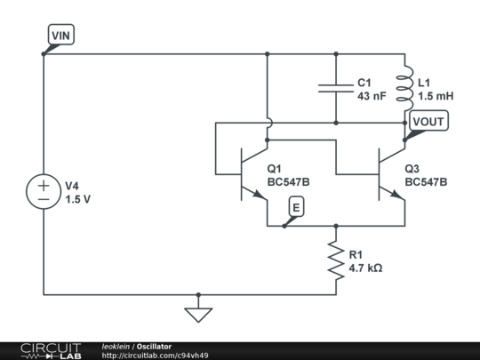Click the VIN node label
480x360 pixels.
tap(63, 35)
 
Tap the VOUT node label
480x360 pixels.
tap(430, 121)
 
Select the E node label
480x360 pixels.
tap(296, 208)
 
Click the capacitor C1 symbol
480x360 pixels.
tap(337, 88)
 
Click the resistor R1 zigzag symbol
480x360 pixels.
tap(336, 260)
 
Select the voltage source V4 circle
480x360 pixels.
tap(43, 192)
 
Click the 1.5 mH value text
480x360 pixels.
tap(436, 95)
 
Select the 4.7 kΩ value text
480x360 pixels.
tap(365, 268)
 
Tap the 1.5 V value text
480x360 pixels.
tap(77, 200)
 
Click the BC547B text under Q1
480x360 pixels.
tap(288, 181)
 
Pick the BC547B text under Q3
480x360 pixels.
tap(426, 181)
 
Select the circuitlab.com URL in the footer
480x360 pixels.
tap(155, 356)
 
